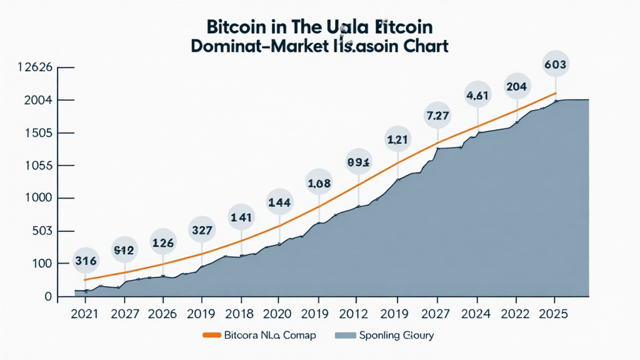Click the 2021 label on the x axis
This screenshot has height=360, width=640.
[85, 314]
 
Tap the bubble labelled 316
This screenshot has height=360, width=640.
[85, 261]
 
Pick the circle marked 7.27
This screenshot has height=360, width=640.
[437, 116]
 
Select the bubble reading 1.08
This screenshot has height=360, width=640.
[319, 184]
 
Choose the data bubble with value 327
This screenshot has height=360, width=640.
[202, 230]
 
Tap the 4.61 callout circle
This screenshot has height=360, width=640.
[477, 96]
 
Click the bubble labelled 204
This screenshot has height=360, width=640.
[516, 87]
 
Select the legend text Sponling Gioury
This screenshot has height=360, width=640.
[396, 336]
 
